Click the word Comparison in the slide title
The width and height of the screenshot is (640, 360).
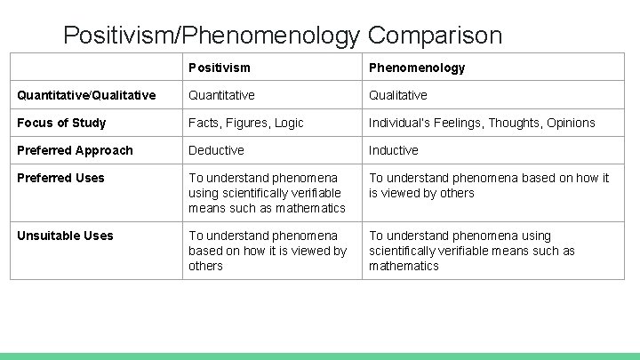[x=435, y=36]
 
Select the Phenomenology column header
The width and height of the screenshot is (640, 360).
[x=417, y=68]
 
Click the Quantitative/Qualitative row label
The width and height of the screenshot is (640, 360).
[x=86, y=95]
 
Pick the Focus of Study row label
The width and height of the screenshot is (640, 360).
[x=61, y=123]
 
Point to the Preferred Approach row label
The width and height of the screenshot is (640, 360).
[x=75, y=150]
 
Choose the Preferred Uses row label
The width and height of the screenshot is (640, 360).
[x=60, y=178]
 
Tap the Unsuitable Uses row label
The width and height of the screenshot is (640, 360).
[x=65, y=236]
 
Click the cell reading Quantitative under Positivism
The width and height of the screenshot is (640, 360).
[x=221, y=95]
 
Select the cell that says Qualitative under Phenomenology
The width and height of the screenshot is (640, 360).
[x=398, y=95]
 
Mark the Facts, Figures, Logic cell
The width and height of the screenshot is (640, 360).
[x=245, y=123]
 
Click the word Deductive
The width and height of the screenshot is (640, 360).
[x=216, y=150]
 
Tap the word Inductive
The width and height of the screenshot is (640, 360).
[x=394, y=150]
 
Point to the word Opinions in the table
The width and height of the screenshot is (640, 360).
[x=571, y=123]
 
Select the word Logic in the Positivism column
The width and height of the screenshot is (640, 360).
[x=289, y=123]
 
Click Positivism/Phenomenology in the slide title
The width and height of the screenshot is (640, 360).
[x=212, y=36]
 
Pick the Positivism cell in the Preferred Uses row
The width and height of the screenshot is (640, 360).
[x=267, y=193]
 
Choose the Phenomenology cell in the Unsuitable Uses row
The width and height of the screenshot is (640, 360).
[x=471, y=251]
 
